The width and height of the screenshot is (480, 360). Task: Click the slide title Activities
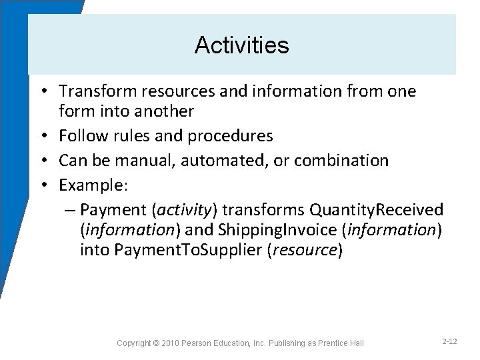[241, 45]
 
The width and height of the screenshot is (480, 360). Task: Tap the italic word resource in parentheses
[309, 250]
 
